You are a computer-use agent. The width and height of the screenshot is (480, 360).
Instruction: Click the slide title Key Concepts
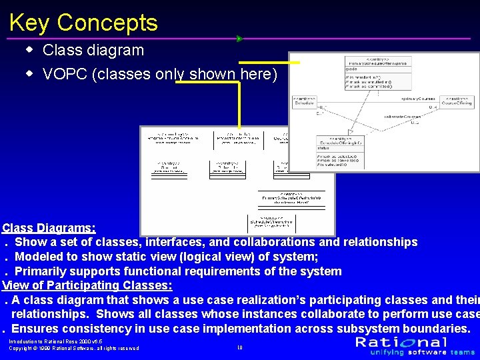83,23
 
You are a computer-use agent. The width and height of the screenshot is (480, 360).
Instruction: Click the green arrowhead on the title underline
240,39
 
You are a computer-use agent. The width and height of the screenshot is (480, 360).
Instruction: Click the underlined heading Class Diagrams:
49,228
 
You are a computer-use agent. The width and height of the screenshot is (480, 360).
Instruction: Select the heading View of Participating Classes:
87,285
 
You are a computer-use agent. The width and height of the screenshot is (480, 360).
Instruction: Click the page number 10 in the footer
239,347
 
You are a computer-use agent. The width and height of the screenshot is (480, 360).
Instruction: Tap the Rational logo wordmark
401,342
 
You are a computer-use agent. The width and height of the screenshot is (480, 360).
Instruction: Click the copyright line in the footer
73,348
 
